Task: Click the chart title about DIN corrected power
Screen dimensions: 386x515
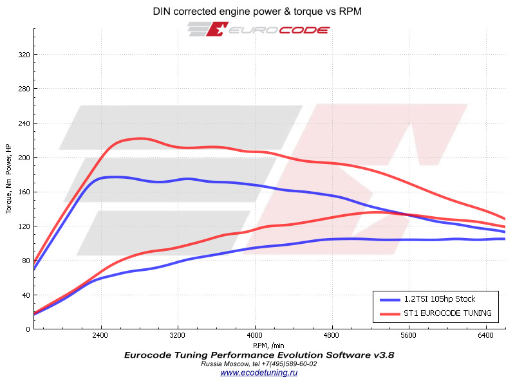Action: pos(257,12)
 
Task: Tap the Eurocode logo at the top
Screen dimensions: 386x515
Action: pos(259,30)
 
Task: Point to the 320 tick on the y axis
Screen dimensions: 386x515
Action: pos(24,55)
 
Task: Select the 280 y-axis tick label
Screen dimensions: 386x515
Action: pos(24,89)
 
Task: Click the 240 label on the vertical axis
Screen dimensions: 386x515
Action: pos(24,123)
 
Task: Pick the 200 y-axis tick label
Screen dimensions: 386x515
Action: pos(24,157)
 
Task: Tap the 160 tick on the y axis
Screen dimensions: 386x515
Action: pos(24,192)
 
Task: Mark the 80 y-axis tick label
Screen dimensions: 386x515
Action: pos(26,261)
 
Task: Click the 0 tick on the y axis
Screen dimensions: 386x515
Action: pos(28,329)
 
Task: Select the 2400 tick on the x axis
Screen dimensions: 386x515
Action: pos(100,336)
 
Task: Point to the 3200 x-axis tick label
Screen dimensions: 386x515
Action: pos(178,336)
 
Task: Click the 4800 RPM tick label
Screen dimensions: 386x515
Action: pos(332,336)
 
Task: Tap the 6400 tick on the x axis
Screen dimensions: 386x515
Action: pos(487,336)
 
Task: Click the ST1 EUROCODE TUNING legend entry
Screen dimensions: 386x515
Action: pos(447,313)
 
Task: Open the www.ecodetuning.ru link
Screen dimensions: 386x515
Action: pos(258,372)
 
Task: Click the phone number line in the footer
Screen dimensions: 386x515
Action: pos(259,363)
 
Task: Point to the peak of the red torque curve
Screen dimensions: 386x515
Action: pos(140,138)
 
